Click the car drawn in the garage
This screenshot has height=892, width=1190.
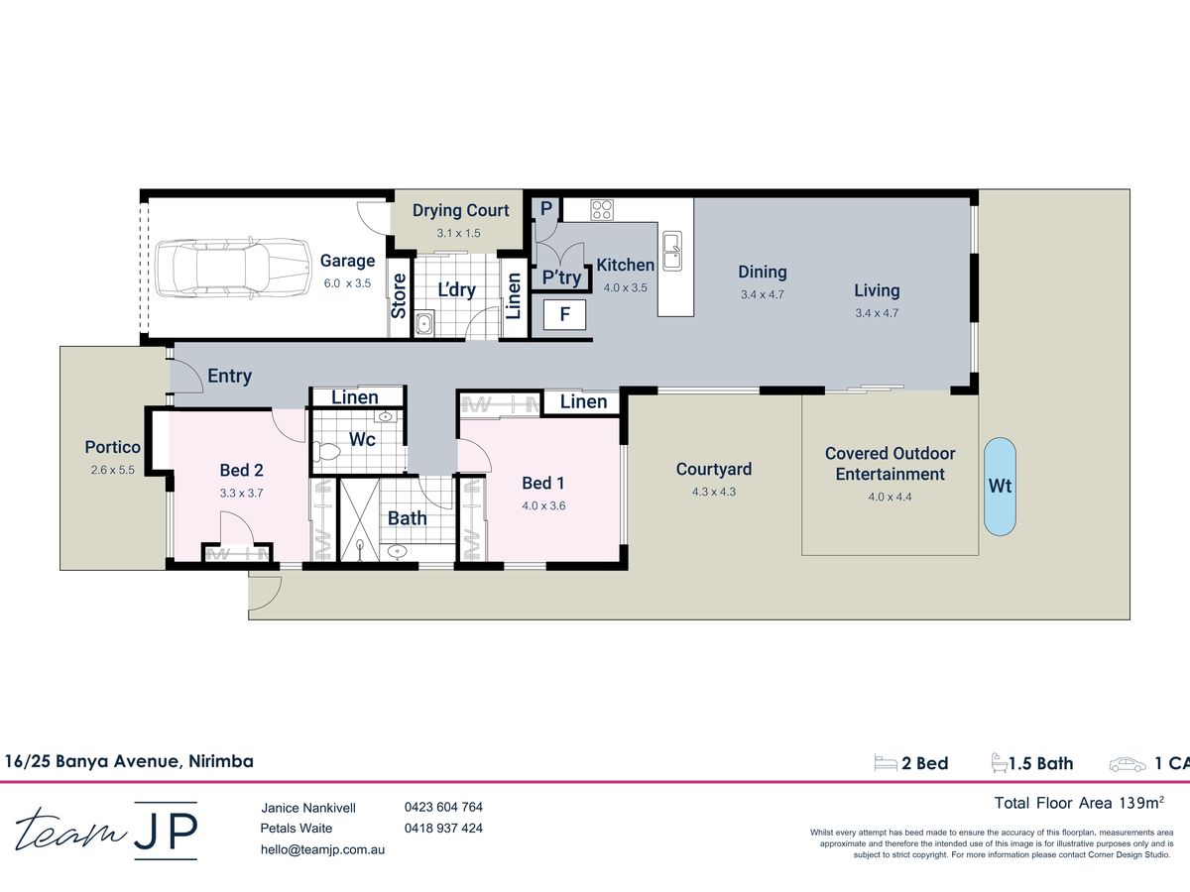pyautogui.click(x=233, y=268)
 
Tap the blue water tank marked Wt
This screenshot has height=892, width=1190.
pyautogui.click(x=1000, y=487)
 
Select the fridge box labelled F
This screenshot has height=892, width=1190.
pyautogui.click(x=564, y=314)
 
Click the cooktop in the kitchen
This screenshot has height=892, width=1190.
pyautogui.click(x=602, y=209)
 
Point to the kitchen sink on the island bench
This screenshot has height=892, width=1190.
pyautogui.click(x=672, y=250)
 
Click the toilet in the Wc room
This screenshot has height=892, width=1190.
pyautogui.click(x=326, y=451)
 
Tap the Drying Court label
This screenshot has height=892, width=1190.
pyautogui.click(x=460, y=210)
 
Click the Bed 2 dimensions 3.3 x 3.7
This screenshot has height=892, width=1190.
pyautogui.click(x=241, y=493)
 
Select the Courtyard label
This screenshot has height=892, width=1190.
pyautogui.click(x=713, y=469)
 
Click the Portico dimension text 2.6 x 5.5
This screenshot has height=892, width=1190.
pyautogui.click(x=112, y=470)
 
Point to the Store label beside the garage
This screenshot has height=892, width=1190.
pyautogui.click(x=399, y=295)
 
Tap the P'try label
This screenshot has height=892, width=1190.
pyautogui.click(x=561, y=278)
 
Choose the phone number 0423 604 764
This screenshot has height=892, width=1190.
pyautogui.click(x=443, y=807)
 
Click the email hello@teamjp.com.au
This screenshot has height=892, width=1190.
pyautogui.click(x=322, y=849)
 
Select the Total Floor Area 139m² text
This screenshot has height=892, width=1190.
pyautogui.click(x=1079, y=802)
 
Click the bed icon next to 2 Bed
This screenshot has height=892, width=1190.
pyautogui.click(x=886, y=763)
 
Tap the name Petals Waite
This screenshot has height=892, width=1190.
pyautogui.click(x=296, y=829)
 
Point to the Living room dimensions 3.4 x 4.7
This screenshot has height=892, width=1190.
pyautogui.click(x=877, y=313)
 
